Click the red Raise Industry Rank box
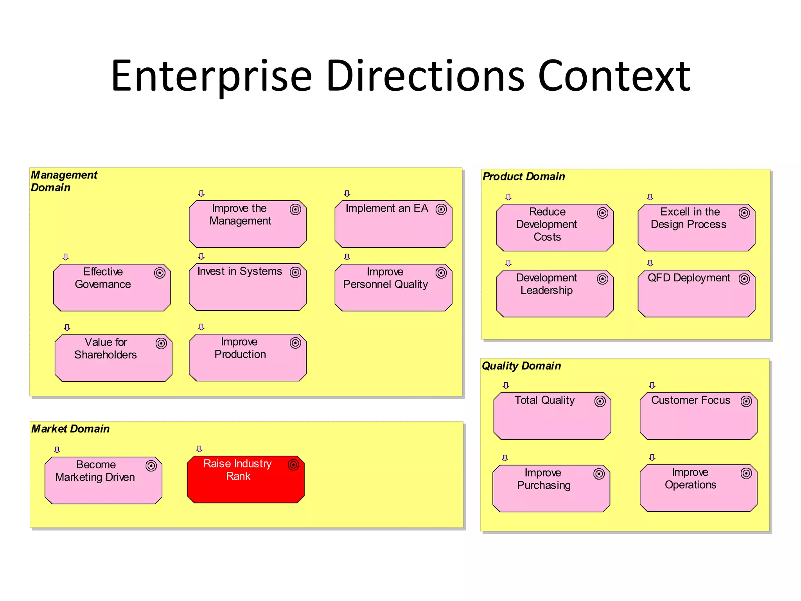[246, 479]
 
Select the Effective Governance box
[112, 288]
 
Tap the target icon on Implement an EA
[441, 210]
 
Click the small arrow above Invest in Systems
[201, 257]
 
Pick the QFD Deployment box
[696, 293]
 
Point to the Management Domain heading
[64, 181]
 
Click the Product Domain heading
[524, 177]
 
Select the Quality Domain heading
[521, 366]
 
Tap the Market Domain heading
[70, 429]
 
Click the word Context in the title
[614, 76]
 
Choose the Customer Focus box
[699, 416]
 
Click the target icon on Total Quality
[600, 401]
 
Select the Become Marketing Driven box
[103, 480]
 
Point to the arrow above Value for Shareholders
[67, 327]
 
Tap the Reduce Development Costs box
[555, 227]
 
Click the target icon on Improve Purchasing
[599, 474]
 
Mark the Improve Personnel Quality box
[393, 288]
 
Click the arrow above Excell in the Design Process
[650, 197]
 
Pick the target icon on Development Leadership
[603, 279]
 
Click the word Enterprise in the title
[212, 76]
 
